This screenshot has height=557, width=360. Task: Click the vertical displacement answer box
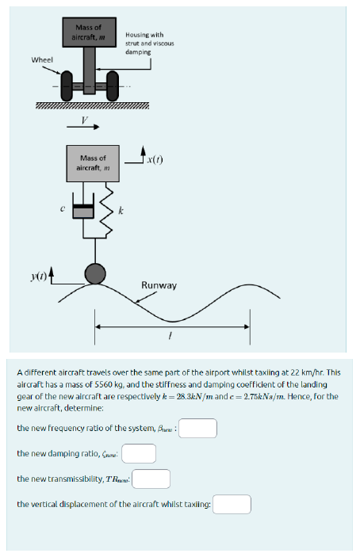click(x=232, y=504)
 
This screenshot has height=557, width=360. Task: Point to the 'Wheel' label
click(x=42, y=60)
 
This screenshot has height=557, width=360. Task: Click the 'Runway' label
click(x=159, y=285)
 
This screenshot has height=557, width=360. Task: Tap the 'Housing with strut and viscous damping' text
click(x=144, y=43)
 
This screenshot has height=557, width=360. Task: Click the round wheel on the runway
click(x=95, y=273)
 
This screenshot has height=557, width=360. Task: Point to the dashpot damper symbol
click(x=82, y=211)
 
